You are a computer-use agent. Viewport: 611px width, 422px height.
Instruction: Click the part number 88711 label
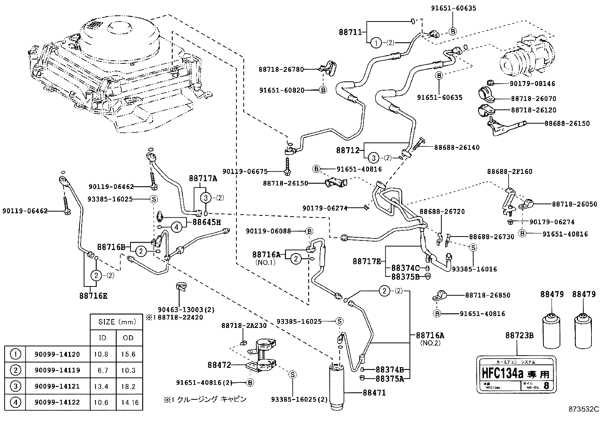click(350, 33)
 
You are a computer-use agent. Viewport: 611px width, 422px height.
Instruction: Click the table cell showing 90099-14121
click(57, 386)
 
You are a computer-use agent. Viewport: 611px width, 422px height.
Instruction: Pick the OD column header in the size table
click(128, 338)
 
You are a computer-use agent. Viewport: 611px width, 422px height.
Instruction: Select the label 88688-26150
click(567, 123)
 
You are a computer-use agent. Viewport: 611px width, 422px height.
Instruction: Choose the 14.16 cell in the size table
click(128, 402)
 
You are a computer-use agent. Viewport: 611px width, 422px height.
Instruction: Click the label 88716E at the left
click(94, 296)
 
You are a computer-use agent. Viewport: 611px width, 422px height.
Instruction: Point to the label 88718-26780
click(281, 70)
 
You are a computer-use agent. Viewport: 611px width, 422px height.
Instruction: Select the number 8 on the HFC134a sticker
click(546, 385)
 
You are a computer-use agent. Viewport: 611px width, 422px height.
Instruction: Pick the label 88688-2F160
click(510, 172)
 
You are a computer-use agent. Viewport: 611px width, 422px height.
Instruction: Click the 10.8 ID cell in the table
click(101, 354)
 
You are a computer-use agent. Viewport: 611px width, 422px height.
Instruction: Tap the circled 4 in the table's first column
click(15, 402)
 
